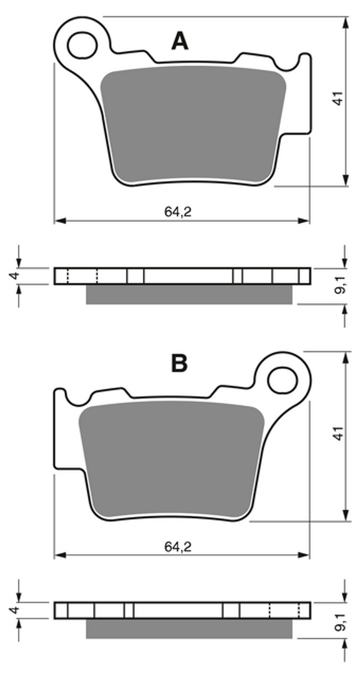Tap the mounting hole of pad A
coord(82,45)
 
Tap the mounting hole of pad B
coord(283,380)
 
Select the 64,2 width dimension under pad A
coord(178,211)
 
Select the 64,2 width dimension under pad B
coord(178,547)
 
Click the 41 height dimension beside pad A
coord(338,98)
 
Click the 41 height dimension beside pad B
coord(338,433)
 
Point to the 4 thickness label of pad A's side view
coord(14,276)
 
